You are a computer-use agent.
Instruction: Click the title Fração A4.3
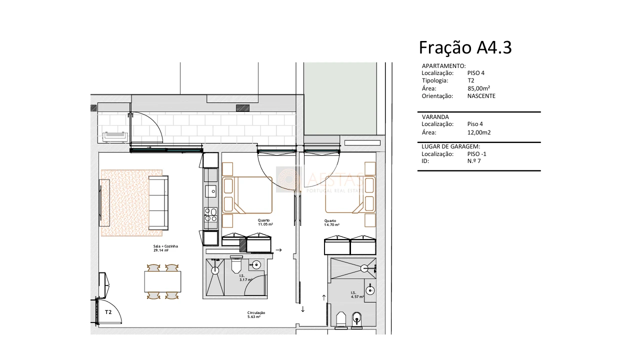(465, 47)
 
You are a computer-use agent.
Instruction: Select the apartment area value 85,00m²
(478, 88)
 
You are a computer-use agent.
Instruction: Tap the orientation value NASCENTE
(481, 96)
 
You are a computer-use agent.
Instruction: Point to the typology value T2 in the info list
(470, 80)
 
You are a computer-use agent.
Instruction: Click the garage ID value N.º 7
(473, 161)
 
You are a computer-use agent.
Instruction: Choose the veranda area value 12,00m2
(479, 132)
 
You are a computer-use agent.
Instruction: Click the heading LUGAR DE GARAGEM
(450, 146)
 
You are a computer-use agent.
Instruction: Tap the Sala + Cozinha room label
(165, 248)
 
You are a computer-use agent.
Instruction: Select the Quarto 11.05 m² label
(265, 222)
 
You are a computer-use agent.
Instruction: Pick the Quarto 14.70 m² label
(331, 222)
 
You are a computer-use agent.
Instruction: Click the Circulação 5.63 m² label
(256, 314)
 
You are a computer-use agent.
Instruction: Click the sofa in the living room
(158, 202)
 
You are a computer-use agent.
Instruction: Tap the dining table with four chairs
(162, 281)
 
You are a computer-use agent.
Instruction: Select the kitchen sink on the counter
(211, 190)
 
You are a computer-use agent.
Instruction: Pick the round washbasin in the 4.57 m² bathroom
(370, 289)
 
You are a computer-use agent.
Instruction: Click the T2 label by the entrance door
(108, 312)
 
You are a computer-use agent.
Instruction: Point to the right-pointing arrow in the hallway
(279, 250)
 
